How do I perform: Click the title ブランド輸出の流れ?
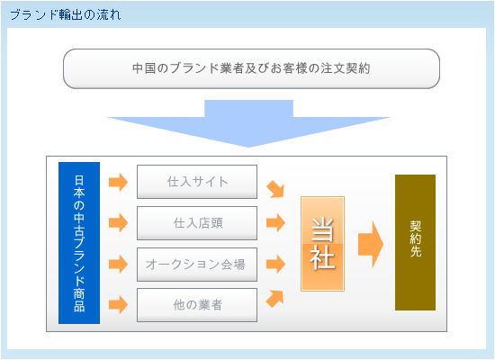(x=66, y=14)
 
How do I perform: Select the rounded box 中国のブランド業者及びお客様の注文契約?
(x=251, y=68)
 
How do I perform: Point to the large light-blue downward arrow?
(x=248, y=123)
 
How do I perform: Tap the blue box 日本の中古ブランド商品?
(x=79, y=243)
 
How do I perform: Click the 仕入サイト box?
(x=197, y=182)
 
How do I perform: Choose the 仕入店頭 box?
(x=197, y=223)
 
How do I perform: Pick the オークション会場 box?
(x=197, y=265)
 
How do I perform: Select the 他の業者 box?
(x=197, y=305)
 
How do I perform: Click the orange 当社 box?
(x=322, y=244)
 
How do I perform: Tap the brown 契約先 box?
(x=415, y=242)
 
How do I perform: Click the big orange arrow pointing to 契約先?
(x=371, y=244)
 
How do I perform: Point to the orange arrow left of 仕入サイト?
(x=119, y=182)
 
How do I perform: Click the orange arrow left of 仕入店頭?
(x=119, y=222)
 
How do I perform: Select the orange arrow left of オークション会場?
(x=119, y=264)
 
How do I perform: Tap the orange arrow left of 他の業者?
(x=119, y=304)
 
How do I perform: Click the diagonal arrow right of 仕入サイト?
(x=275, y=189)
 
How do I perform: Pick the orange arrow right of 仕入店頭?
(x=276, y=222)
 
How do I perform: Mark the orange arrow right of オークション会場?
(x=276, y=264)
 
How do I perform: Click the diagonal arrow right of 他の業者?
(x=275, y=299)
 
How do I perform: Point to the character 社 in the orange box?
(x=322, y=257)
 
